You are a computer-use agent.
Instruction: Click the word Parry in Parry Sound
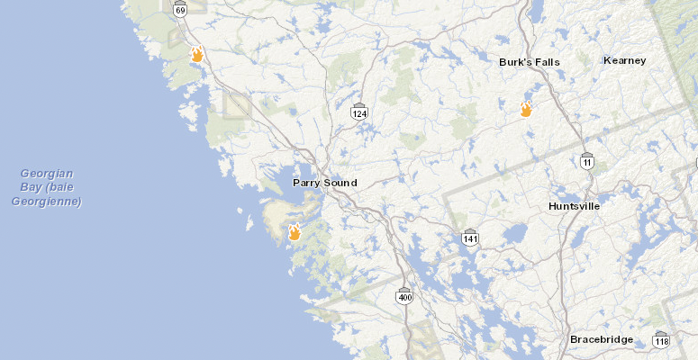coord(307,183)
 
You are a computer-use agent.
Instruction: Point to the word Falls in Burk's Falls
coord(547,62)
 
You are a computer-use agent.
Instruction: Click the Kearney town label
coord(625,60)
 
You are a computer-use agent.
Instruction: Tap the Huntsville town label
coord(575,206)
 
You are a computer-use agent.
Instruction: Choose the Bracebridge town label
coord(601,339)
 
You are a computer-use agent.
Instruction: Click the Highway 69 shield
coord(181,10)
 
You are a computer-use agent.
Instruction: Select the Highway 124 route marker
coord(359,112)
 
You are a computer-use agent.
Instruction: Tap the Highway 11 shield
coord(587,160)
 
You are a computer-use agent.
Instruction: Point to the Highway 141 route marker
coord(470,238)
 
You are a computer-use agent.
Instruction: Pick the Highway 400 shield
coord(405,295)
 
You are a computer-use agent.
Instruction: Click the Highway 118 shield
coord(662,340)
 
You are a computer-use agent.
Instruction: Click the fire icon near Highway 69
coord(196,54)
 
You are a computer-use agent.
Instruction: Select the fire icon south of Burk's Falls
coord(526,110)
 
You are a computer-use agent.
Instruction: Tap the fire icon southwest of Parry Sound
coord(294,232)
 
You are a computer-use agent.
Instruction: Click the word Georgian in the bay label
coord(48,173)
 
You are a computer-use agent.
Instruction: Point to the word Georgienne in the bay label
coord(47,202)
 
